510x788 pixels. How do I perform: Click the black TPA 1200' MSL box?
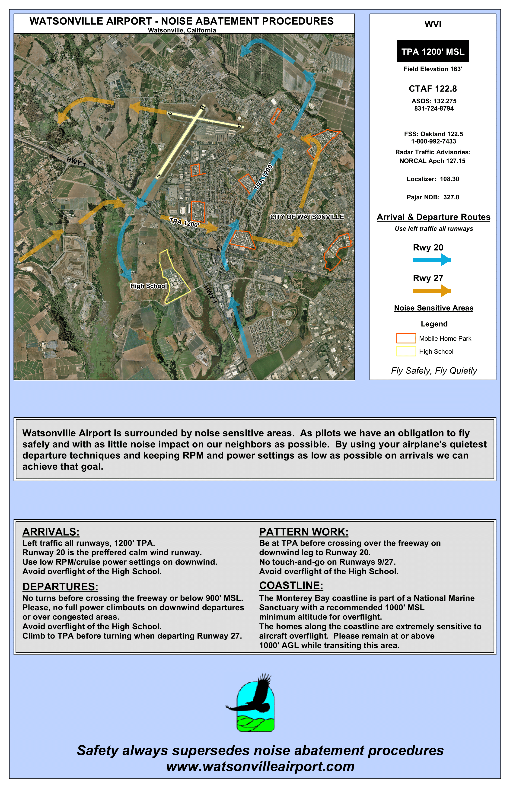click(x=433, y=51)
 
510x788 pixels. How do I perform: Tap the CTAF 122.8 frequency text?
click(x=433, y=89)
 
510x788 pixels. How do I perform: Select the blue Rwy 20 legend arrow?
click(x=431, y=260)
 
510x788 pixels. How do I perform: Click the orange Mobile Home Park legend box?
click(x=406, y=338)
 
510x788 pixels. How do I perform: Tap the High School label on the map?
click(x=148, y=286)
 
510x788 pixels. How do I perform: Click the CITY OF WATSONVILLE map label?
click(x=307, y=217)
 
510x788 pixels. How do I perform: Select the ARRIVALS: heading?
click(x=51, y=532)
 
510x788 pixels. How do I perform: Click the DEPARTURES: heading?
click(x=60, y=587)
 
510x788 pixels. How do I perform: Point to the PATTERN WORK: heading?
click(x=304, y=532)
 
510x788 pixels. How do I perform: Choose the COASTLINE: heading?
click(x=291, y=586)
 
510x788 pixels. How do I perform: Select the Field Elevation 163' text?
click(x=433, y=69)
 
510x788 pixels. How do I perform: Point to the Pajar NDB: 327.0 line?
click(x=433, y=197)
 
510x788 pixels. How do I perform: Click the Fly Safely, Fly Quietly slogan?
click(x=434, y=371)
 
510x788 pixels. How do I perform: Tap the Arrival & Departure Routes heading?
click(x=433, y=217)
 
